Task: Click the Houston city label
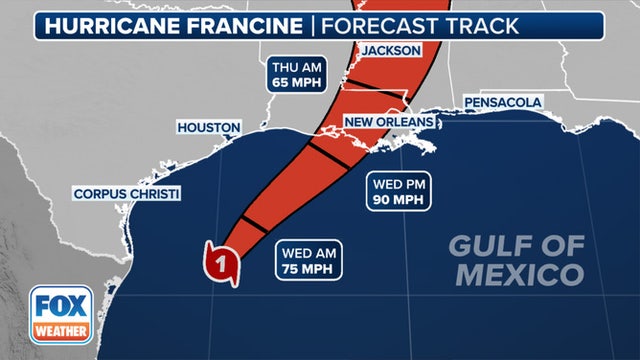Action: pyautogui.click(x=209, y=128)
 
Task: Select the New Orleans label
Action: pyautogui.click(x=389, y=121)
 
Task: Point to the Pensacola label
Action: pyautogui.click(x=502, y=102)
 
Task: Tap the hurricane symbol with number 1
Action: pyautogui.click(x=223, y=264)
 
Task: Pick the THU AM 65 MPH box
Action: pyautogui.click(x=297, y=76)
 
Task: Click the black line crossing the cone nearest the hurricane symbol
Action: pyautogui.click(x=253, y=224)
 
